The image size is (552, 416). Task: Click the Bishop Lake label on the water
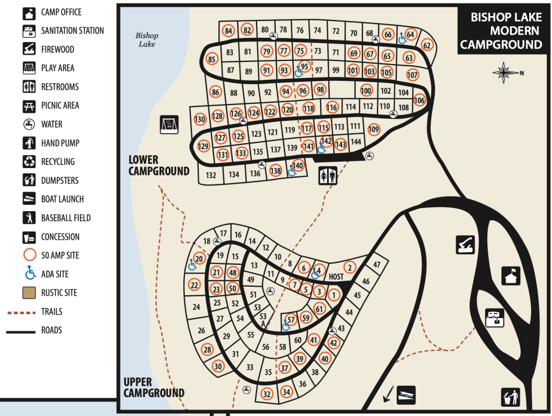[x=147, y=40]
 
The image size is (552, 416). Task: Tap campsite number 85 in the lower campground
[x=211, y=59]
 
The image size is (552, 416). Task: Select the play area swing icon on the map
[x=169, y=124]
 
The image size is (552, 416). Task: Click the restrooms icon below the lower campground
[x=328, y=176]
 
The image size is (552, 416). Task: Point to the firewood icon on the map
[x=465, y=245]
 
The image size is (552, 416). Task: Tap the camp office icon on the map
[x=511, y=276]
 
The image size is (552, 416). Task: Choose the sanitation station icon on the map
[x=495, y=318]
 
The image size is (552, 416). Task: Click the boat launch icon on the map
[x=406, y=395]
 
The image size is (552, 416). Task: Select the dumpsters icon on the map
[x=510, y=397]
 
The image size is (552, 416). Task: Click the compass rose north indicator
[x=506, y=73]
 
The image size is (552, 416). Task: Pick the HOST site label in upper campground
[x=336, y=277]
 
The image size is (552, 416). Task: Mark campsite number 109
[x=374, y=129]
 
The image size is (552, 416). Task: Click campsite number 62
[x=427, y=45]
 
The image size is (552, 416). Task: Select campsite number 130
[x=199, y=119]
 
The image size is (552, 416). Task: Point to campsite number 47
[x=377, y=265]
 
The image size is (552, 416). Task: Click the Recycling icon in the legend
[x=29, y=162]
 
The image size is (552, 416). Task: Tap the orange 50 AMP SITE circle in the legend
[x=30, y=255]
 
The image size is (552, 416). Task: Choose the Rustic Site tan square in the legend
[x=29, y=293]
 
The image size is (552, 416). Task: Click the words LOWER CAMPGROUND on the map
[x=159, y=165]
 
